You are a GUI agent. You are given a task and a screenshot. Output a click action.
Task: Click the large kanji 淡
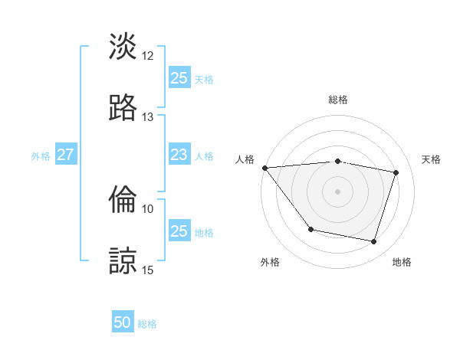123,47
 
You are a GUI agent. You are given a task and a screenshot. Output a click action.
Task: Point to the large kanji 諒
123,260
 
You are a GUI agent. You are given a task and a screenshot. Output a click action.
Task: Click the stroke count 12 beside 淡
148,56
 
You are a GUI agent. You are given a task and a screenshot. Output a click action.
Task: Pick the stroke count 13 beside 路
148,116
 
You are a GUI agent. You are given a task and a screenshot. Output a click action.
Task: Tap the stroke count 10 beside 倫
148,208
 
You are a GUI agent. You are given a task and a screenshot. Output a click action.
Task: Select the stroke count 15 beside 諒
148,270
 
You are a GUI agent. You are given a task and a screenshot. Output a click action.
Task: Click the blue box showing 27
65,155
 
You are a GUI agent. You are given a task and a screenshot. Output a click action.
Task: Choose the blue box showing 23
179,155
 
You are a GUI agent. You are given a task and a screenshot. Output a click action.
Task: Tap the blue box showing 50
123,323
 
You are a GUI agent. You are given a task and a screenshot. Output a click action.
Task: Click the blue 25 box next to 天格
179,78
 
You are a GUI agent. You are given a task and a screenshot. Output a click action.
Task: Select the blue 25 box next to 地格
179,231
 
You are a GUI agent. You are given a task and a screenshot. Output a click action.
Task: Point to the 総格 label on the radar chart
338,100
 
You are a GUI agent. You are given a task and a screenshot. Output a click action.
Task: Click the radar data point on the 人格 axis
264,168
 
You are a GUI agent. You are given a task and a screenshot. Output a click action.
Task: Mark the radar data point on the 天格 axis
396,172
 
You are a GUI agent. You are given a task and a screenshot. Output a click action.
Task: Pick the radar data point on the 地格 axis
373,242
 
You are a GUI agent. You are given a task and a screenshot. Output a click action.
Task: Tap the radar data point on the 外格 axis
310,229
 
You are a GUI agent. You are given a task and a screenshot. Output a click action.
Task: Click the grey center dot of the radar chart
338,191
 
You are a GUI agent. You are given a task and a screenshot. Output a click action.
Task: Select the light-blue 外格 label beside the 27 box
41,155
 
